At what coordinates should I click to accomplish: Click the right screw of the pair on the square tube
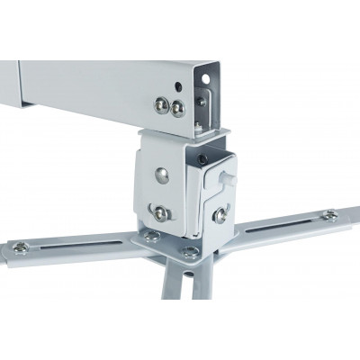[177, 108]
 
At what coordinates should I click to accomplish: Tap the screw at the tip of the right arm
[330, 215]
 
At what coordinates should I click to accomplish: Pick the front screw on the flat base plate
[189, 253]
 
